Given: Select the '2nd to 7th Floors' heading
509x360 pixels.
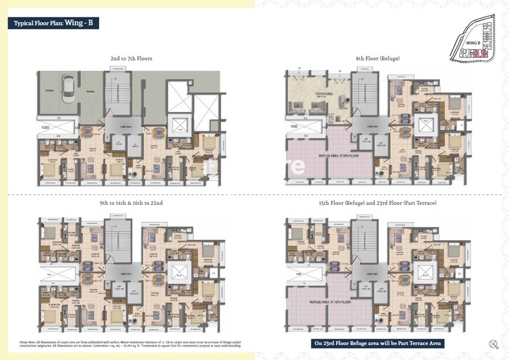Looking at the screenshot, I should point(131,59).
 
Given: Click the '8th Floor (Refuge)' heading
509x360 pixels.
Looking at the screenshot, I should point(378,59).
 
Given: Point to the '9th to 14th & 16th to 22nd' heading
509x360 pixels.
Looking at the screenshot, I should point(131,202).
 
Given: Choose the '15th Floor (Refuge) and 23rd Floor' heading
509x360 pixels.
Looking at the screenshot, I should point(378,202).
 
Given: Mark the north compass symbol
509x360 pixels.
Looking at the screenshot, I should point(493,344).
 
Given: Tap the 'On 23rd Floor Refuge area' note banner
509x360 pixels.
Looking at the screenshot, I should point(378,343).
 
